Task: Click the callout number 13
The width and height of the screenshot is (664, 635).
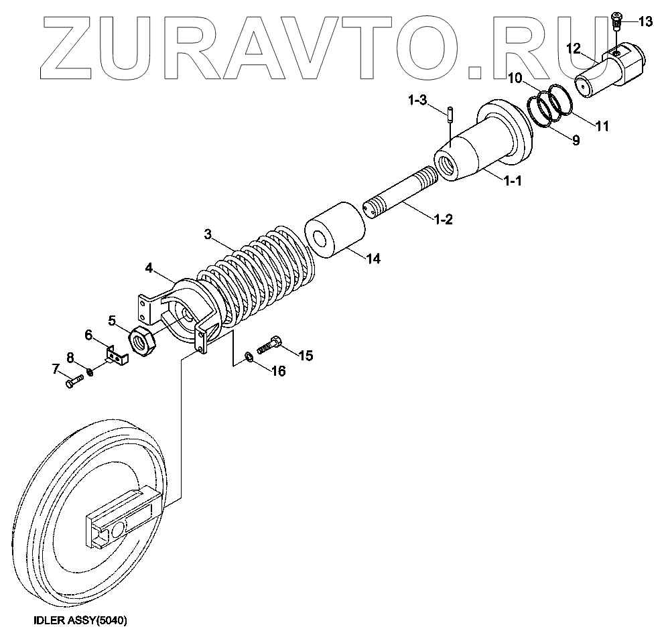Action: point(645,22)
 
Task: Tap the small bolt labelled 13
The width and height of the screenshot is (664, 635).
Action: point(618,21)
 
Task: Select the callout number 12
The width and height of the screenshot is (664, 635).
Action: point(574,48)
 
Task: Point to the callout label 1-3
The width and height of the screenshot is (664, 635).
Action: point(417,100)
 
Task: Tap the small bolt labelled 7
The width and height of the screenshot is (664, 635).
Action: point(74,382)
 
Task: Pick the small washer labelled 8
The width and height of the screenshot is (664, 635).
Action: point(90,369)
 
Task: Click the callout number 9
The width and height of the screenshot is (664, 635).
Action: point(575,141)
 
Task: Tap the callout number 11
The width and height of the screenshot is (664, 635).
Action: point(602,125)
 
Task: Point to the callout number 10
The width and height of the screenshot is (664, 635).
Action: point(515,78)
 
